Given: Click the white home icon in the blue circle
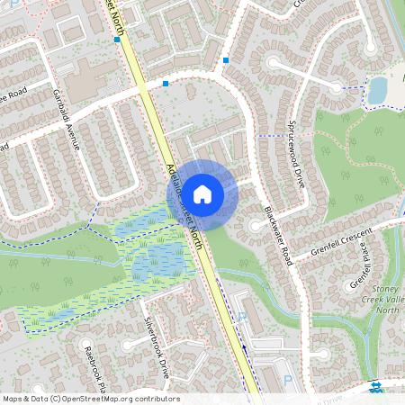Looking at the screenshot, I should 202,193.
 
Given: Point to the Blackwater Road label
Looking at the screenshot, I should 278,232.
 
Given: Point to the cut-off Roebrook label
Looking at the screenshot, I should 94,369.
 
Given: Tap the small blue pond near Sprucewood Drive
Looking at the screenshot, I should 377,88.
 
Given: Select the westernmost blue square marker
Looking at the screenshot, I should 117,40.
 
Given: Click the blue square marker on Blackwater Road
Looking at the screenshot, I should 225,60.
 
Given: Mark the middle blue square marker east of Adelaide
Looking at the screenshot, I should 166,84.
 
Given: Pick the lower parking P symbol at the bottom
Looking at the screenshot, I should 287,381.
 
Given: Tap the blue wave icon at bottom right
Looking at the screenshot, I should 375,387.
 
